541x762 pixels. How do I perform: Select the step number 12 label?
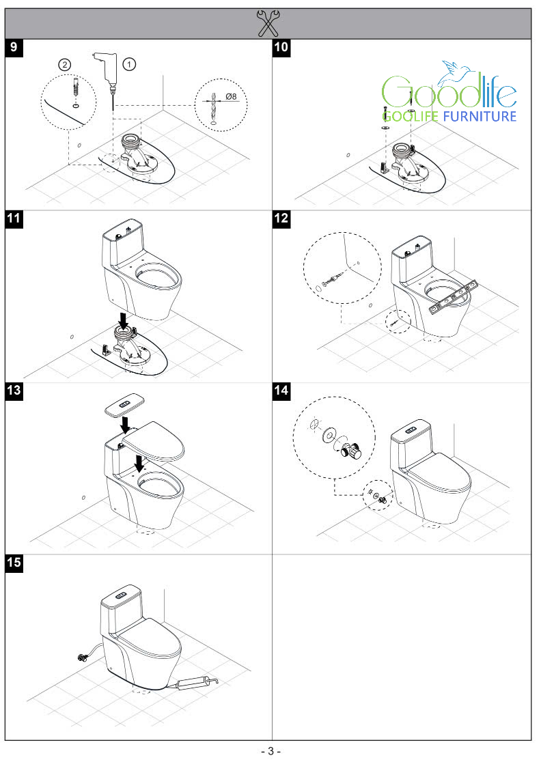[x=281, y=219]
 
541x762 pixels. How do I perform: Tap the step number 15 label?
[x=13, y=563]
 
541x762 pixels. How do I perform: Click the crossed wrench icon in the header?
[x=268, y=22]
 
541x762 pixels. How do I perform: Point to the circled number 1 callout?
[x=129, y=63]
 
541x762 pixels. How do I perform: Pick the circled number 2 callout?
[x=64, y=64]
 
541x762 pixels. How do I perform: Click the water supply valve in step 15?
[x=83, y=658]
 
